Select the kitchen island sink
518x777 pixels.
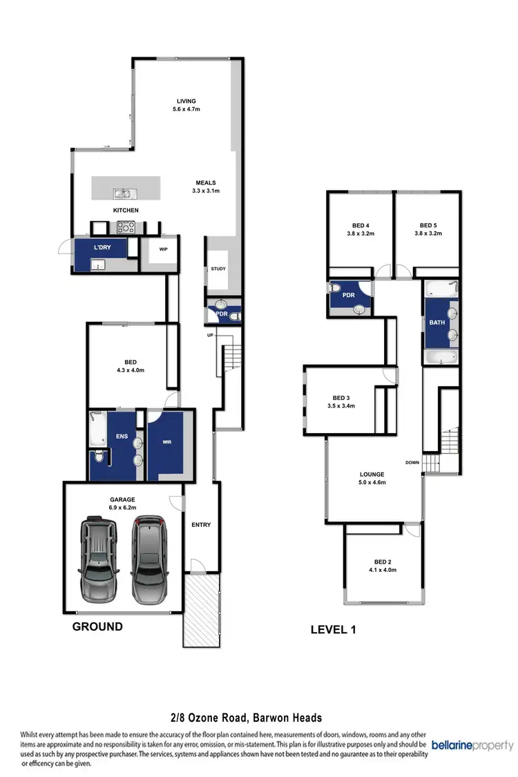coord(125,195)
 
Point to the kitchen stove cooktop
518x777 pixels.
coord(127,225)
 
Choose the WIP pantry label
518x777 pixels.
coord(164,249)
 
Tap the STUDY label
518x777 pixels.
coord(218,269)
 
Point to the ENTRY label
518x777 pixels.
coord(201,525)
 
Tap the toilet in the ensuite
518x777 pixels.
coord(99,457)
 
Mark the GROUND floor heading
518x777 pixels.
coord(97,627)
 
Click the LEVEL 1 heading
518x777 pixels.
coord(334,630)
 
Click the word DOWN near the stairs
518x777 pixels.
coord(412,462)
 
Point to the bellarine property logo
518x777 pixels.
coord(472,746)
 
